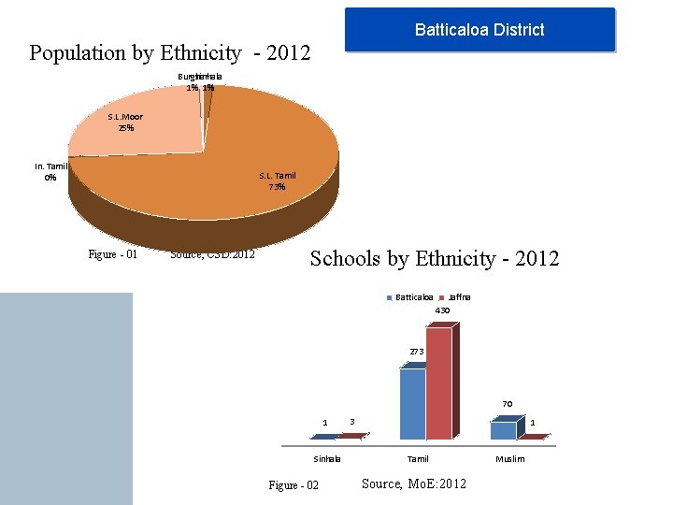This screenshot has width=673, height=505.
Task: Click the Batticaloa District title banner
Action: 480,30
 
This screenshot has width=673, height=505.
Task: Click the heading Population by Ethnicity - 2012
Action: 169,53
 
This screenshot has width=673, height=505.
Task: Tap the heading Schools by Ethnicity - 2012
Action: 435,258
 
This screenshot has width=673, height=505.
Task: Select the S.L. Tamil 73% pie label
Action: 278,180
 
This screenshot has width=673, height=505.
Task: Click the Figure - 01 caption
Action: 113,253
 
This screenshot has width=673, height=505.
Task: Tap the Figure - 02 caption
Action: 294,484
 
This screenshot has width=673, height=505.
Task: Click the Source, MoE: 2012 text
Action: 413,483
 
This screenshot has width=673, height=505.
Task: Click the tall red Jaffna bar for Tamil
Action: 438,383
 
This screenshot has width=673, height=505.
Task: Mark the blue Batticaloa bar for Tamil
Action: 412,403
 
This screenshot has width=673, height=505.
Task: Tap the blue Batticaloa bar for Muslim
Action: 503,430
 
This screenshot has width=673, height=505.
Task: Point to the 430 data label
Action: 442,310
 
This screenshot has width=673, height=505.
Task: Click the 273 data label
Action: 417,352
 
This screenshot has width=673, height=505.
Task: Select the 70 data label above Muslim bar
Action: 507,404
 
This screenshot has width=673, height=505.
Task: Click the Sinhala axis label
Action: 327,459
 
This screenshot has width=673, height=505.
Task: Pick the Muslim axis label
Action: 510,459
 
